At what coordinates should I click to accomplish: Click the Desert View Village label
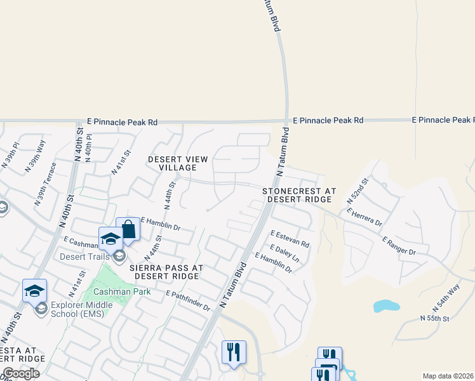tap(178, 163)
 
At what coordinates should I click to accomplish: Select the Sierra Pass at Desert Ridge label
tap(166, 272)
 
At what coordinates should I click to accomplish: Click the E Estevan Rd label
tap(290, 239)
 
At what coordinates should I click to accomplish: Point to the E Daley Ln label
tap(284, 253)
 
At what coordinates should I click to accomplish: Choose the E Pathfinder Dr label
tap(188, 301)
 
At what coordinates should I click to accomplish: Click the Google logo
tap(22, 373)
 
